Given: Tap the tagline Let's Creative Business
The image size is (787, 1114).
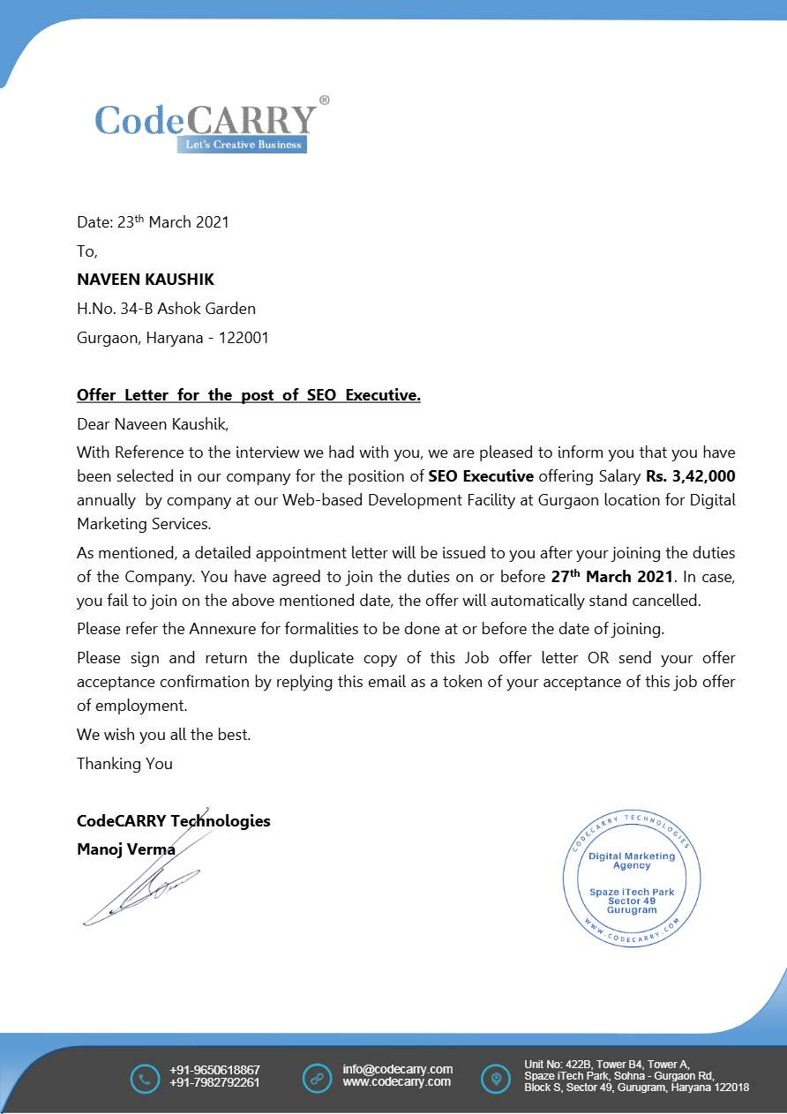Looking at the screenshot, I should (x=243, y=145).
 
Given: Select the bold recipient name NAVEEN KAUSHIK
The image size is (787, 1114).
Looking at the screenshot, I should (x=146, y=280).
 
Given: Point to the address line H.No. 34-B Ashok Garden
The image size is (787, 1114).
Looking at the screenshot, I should (x=166, y=309).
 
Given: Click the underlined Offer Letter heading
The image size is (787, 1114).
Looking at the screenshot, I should (x=248, y=395).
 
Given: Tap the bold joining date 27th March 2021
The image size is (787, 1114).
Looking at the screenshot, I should (x=605, y=578).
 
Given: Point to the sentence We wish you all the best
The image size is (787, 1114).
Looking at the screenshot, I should (x=163, y=735).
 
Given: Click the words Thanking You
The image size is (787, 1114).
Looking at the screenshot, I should (x=124, y=764).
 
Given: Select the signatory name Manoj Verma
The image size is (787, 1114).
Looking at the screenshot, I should (x=125, y=850).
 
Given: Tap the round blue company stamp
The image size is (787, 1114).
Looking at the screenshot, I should (x=632, y=879).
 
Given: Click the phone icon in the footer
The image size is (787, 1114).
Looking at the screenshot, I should (x=144, y=1079).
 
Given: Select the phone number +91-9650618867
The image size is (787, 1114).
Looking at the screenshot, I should (x=214, y=1070).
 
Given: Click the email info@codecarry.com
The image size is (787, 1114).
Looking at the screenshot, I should (x=397, y=1069).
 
